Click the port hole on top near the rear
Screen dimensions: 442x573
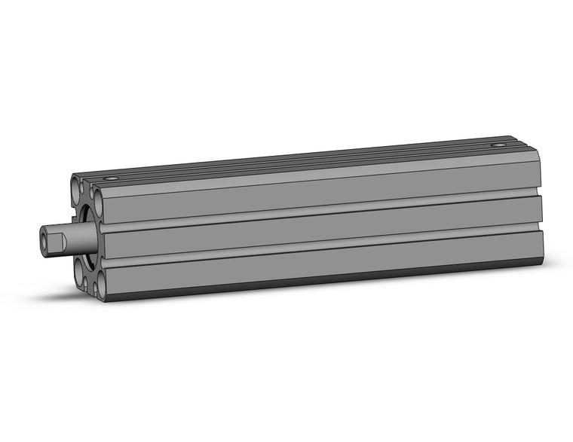pos(498,145)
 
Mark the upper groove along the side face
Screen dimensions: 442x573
pos(317,209)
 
